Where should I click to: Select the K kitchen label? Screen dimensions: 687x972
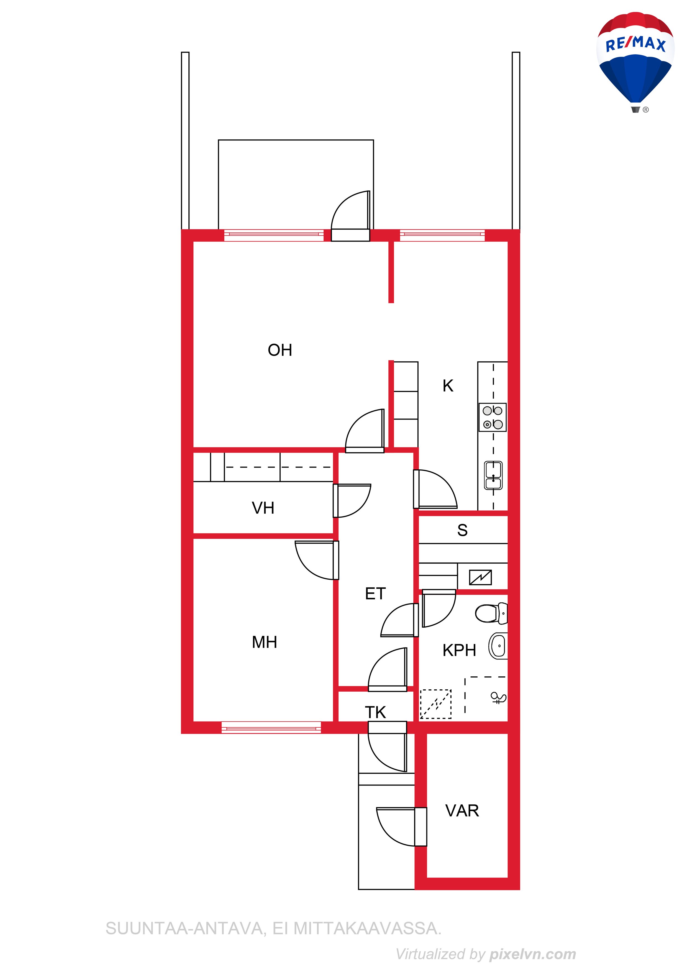pyautogui.click(x=448, y=386)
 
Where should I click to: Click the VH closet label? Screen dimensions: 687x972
pyautogui.click(x=263, y=508)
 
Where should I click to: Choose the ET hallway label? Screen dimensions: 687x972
pyautogui.click(x=375, y=594)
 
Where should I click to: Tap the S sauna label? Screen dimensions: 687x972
pyautogui.click(x=462, y=530)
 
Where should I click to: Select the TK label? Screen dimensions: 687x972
pyautogui.click(x=375, y=712)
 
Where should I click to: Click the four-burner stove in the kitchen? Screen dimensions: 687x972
pyautogui.click(x=493, y=417)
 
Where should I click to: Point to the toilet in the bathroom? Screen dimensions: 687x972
pyautogui.click(x=491, y=613)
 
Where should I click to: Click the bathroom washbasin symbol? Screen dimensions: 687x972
pyautogui.click(x=498, y=646)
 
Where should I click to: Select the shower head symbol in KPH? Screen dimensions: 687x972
pyautogui.click(x=498, y=697)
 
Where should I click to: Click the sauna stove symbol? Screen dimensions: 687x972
pyautogui.click(x=480, y=577)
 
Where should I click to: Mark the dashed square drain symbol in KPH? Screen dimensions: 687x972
pyautogui.click(x=435, y=704)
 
